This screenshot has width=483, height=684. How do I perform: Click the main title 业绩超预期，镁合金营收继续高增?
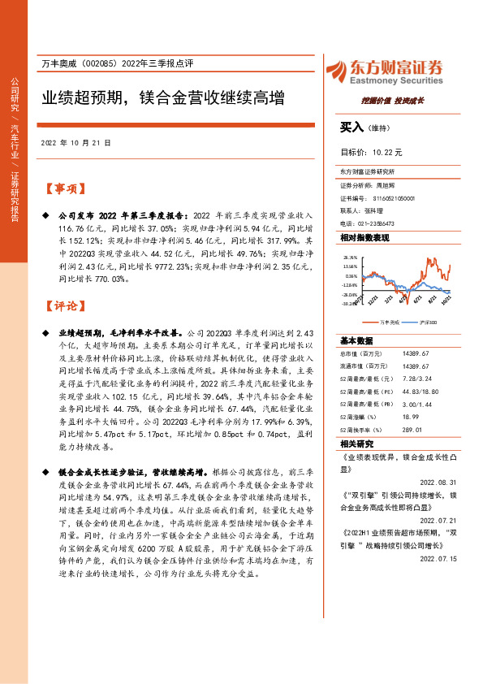tap(163, 100)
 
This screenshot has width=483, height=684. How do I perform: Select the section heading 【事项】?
tap(65, 189)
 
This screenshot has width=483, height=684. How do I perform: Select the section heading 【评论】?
tap(65, 306)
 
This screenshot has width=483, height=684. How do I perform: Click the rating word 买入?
tap(352, 128)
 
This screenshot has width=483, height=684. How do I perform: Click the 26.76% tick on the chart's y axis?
tap(350, 256)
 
